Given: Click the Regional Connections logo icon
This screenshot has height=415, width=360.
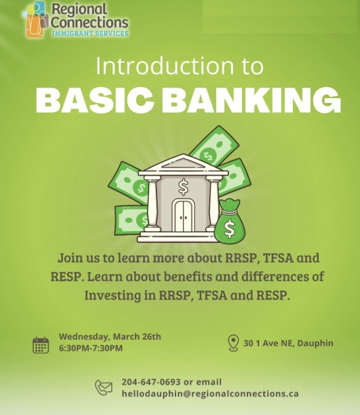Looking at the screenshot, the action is point(36,19).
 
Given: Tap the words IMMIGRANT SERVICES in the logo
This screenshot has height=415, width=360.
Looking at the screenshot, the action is point(90,34).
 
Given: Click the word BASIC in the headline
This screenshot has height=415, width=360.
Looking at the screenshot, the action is point(95,100).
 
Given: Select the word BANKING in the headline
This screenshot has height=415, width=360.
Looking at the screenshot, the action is point(252,100).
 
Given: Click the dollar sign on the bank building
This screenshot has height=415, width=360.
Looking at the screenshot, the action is point(183,187).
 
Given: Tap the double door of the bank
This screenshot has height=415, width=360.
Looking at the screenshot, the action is point(183,216).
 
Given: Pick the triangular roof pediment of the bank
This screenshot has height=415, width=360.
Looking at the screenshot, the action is point(183,163).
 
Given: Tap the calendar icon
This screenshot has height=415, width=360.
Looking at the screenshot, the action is point(41,345).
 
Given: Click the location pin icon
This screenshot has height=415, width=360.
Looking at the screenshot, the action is point(233,343).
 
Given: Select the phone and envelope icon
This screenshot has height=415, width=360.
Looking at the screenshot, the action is point(104,387).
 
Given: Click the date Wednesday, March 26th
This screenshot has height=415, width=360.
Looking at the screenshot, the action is point(110,337).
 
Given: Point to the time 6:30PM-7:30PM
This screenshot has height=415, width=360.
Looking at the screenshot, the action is point(91,349).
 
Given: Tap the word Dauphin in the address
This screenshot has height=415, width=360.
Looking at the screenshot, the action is point(315,343).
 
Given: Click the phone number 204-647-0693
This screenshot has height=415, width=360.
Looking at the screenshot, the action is point(151,382).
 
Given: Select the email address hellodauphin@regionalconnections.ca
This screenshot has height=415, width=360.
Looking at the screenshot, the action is point(210,394).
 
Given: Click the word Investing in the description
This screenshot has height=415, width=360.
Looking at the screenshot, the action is point(113,295).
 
